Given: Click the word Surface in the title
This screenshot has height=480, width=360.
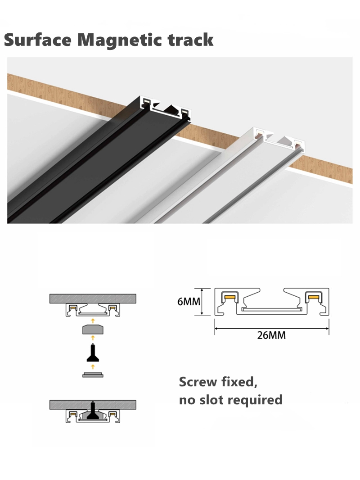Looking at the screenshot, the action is point(38,40).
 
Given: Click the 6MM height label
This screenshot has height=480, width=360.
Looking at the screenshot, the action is point(189,302).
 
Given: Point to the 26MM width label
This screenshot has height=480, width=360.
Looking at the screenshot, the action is point(272,335).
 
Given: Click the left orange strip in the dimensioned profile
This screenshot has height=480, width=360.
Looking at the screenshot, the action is point(231,297).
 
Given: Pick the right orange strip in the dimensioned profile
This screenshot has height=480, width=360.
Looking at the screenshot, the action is point(313,297).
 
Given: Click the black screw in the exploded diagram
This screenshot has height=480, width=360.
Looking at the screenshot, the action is point(93,353).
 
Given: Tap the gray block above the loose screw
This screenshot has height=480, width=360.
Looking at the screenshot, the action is point(93,329).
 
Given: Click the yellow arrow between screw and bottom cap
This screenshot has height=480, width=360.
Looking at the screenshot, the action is point(93,367).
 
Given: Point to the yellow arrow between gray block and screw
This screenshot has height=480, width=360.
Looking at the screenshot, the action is point(93,338).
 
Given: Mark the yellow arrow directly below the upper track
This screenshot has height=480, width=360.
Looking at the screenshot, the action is point(93,321).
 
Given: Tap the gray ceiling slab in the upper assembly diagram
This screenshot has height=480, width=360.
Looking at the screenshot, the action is point(93,299).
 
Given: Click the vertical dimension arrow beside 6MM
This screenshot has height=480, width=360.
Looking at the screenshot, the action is point(202,302).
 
